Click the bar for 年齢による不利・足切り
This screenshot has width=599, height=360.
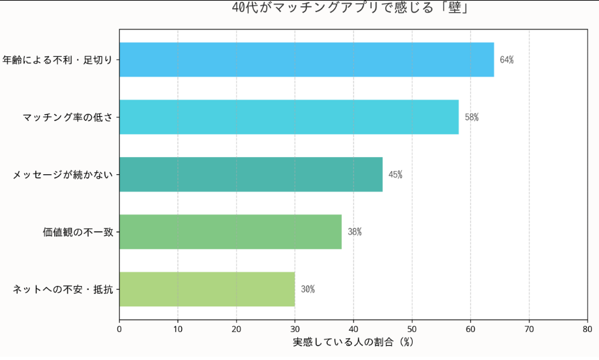(x=306, y=59)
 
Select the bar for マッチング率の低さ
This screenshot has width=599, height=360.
(x=288, y=117)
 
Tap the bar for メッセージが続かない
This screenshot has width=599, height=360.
(x=251, y=174)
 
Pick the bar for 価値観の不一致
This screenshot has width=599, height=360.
(x=230, y=232)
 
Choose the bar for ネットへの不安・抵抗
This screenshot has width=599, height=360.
(x=207, y=289)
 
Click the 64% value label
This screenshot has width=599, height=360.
(x=507, y=60)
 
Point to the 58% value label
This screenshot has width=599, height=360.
(x=471, y=117)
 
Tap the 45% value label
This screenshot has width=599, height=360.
(x=396, y=175)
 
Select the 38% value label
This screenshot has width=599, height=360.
(x=355, y=232)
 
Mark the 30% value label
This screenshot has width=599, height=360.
(x=307, y=290)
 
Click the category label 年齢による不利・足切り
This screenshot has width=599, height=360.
(x=57, y=60)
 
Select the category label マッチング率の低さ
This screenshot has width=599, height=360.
(x=68, y=117)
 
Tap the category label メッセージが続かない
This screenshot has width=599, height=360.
(x=63, y=175)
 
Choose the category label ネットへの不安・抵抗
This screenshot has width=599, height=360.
(x=63, y=290)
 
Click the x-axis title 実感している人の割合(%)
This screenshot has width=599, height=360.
(x=353, y=342)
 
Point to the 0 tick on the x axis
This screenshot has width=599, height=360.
(x=119, y=329)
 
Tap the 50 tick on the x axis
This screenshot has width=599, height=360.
(x=412, y=329)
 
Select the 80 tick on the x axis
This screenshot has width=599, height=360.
(x=587, y=329)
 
